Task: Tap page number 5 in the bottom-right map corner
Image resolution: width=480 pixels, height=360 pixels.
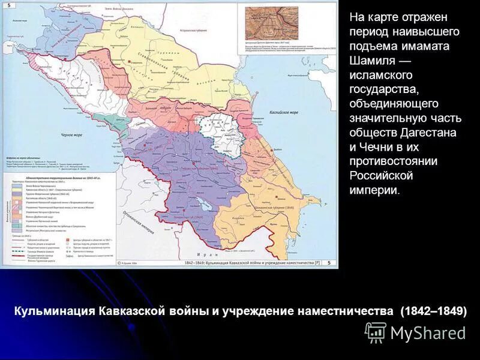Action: pyautogui.click(x=329, y=262)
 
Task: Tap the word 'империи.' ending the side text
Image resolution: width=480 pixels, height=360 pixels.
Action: pyautogui.click(x=374, y=190)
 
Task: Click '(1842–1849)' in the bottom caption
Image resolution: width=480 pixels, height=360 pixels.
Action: pyautogui.click(x=431, y=311)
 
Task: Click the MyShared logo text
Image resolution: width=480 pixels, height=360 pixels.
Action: pyautogui.click(x=428, y=333)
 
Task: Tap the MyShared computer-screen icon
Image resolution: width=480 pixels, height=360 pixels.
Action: pyautogui.click(x=376, y=332)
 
